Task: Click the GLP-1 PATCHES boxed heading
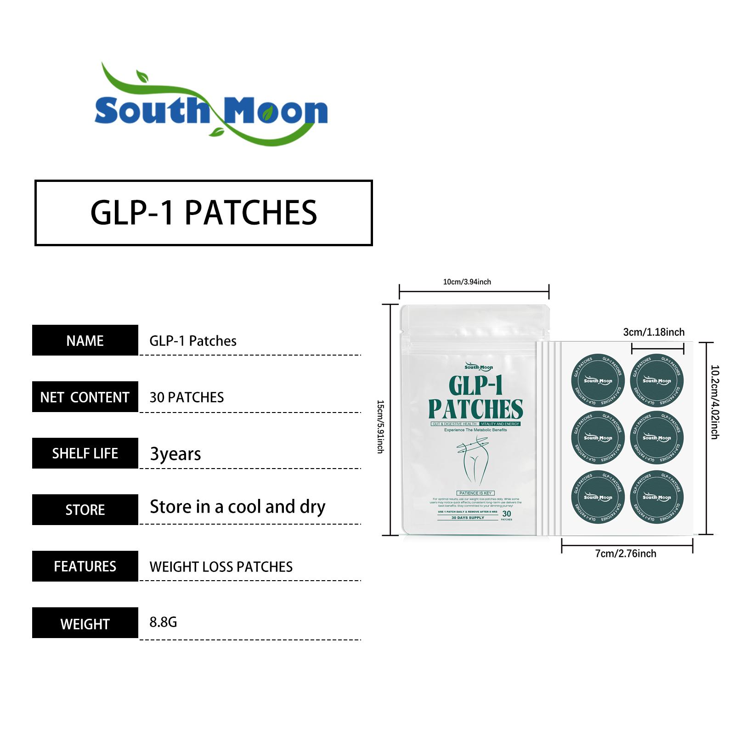(x=204, y=213)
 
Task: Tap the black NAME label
(x=85, y=340)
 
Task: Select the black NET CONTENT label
(x=85, y=397)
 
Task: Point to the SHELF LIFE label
(x=85, y=453)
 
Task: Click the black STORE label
(x=85, y=510)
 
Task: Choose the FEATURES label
(x=85, y=566)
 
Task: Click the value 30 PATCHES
(x=187, y=397)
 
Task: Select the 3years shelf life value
(x=175, y=454)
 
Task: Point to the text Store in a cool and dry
(x=237, y=507)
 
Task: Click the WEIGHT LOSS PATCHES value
(x=221, y=567)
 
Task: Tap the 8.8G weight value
(x=163, y=622)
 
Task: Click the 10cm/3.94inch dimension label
(x=467, y=282)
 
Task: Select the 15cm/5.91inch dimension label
(x=380, y=427)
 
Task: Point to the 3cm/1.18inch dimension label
(x=654, y=332)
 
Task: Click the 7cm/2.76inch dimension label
(x=626, y=554)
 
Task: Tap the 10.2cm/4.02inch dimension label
(x=715, y=402)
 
